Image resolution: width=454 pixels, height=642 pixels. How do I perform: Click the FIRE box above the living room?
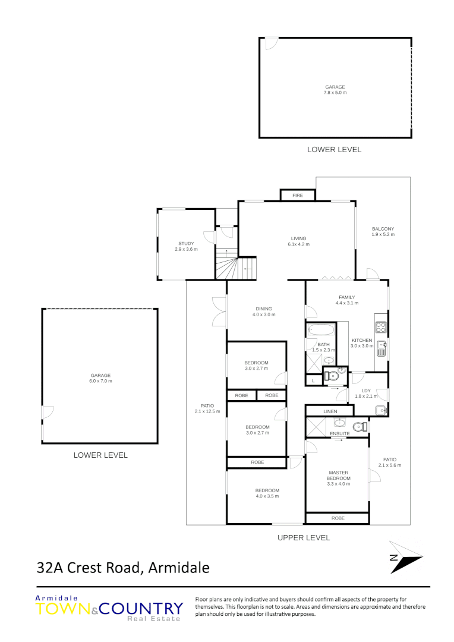click(298, 195)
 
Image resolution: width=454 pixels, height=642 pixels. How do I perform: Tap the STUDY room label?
click(186, 246)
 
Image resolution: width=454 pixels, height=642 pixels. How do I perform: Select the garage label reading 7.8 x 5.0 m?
click(335, 90)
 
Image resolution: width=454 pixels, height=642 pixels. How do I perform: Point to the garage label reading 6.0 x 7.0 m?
click(100, 378)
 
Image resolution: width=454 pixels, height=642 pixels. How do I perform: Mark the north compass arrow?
click(405, 558)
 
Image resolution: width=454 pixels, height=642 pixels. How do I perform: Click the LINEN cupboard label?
click(330, 411)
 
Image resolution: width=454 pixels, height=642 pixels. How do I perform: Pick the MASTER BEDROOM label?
click(338, 478)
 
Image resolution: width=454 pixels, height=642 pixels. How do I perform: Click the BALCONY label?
click(383, 231)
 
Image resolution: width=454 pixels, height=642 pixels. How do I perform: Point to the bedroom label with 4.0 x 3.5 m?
click(267, 493)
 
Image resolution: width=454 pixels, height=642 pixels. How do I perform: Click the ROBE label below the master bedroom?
click(338, 518)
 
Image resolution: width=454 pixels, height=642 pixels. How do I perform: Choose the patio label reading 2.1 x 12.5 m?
click(207, 408)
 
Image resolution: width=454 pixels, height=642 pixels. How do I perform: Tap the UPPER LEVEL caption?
click(303, 537)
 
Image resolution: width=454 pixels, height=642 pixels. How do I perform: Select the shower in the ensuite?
click(316, 426)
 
